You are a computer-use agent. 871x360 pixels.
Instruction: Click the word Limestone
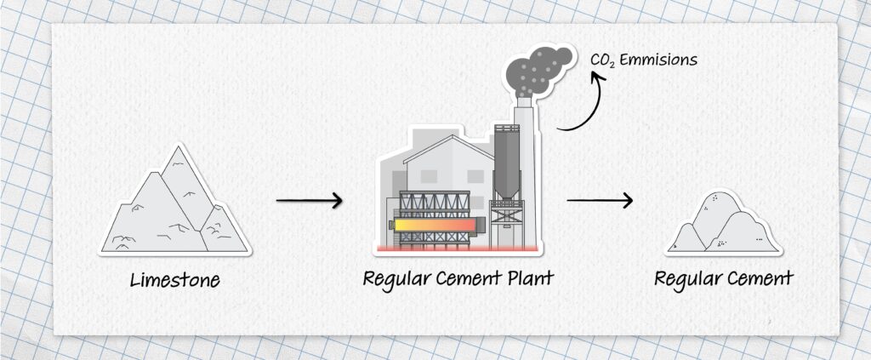175,279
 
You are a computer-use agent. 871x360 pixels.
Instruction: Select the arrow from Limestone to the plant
309,201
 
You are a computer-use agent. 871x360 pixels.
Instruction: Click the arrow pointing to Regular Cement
600,200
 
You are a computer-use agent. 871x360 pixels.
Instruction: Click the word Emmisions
658,60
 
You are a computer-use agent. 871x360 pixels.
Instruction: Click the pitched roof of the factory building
447,149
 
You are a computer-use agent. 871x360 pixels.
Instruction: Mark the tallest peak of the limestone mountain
178,146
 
